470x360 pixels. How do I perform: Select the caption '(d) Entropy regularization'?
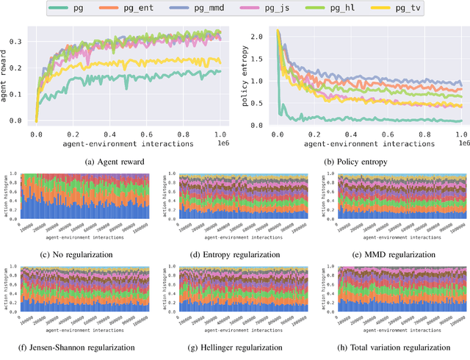pyautogui.click(x=235, y=254)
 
